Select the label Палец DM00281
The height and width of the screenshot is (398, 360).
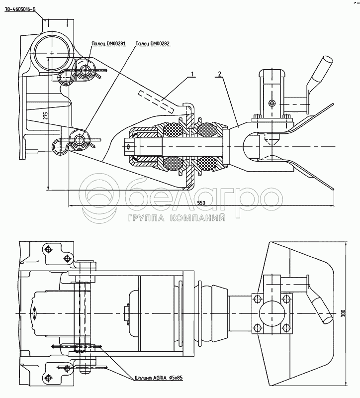point(108,43)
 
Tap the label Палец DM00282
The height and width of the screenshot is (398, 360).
point(153,43)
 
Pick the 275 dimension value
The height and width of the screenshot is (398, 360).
point(45,116)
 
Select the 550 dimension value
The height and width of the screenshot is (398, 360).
point(201,203)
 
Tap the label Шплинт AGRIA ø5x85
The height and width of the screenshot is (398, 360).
point(159,378)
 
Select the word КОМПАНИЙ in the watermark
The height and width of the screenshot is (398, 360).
point(198,218)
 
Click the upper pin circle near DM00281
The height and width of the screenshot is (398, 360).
point(87,71)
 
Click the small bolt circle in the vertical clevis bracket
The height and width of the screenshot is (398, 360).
point(271,103)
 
